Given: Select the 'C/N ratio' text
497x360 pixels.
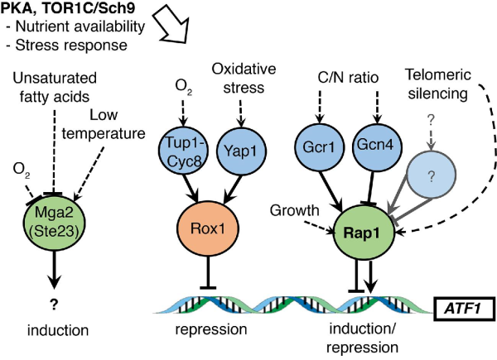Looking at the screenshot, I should [x=349, y=79].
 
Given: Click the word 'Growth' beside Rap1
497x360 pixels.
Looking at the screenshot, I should [x=290, y=213].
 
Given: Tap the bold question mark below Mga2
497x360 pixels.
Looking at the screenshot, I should [x=59, y=304].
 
